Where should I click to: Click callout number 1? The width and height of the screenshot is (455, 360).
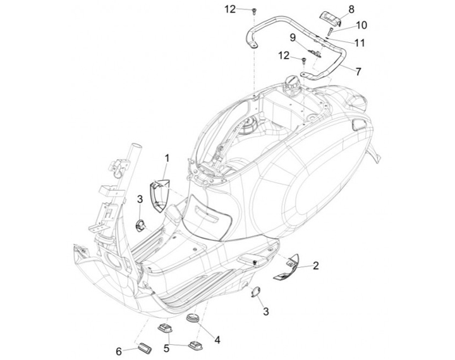tap(167, 159)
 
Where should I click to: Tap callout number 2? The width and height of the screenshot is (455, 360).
tap(315, 265)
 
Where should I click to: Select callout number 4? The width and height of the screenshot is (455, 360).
tap(217, 340)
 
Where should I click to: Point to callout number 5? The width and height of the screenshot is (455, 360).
tap(166, 348)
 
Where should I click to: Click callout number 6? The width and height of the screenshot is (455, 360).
tap(119, 352)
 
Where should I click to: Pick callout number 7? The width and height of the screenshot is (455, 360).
tap(358, 71)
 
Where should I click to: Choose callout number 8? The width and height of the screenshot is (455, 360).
tap(351, 9)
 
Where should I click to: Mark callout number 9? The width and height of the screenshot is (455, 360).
tap(293, 37)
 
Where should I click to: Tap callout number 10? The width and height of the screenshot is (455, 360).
tap(361, 25)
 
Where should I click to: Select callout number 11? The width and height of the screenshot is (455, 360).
tap(359, 43)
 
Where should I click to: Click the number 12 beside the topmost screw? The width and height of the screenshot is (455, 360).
tap(230, 9)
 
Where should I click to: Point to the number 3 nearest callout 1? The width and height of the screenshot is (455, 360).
tap(140, 200)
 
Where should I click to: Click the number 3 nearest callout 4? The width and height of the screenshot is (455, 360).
tap(266, 311)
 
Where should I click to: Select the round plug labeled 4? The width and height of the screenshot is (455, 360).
tap(192, 317)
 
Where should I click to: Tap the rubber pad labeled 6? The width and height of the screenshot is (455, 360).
tap(144, 348)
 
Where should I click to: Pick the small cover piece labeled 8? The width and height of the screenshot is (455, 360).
tap(331, 17)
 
